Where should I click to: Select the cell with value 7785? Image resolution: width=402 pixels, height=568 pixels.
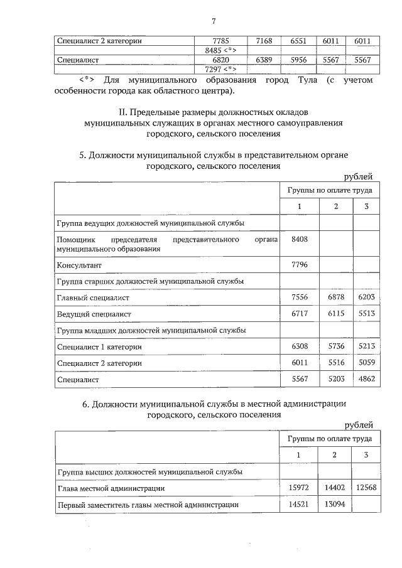pos(215,41)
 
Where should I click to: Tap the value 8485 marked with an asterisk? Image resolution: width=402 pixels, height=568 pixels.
pos(215,51)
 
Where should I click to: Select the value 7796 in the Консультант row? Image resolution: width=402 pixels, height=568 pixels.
pos(299,265)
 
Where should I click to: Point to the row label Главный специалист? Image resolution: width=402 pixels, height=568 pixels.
pos(93,297)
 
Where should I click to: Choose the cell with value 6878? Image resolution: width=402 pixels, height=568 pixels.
pos(335,297)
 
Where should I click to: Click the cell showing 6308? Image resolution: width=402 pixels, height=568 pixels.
pos(299,347)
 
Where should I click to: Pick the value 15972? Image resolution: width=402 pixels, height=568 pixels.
pos(299,488)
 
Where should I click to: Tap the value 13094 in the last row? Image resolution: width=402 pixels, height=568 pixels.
pos(335,504)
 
